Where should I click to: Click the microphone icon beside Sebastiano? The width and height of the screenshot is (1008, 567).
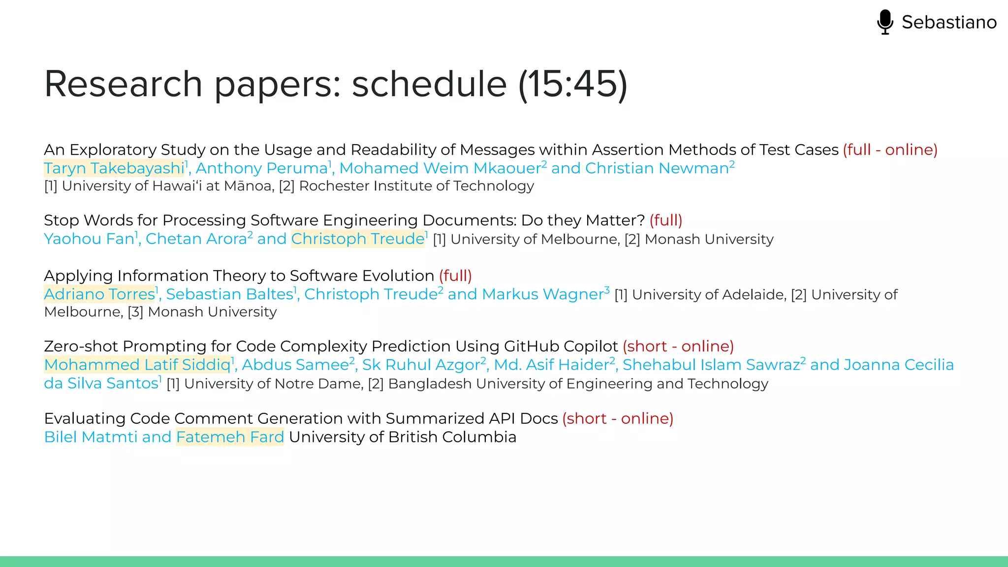tap(885, 22)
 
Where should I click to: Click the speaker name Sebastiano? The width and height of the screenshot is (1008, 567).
tap(949, 22)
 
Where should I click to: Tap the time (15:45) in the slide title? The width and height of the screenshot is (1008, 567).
tap(573, 84)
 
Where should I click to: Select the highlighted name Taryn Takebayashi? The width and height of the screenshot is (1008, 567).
tap(114, 168)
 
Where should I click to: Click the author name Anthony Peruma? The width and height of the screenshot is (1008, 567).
tap(262, 168)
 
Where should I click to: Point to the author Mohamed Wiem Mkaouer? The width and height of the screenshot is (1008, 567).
tap(441, 168)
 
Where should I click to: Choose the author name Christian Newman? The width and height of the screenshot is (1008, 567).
tap(657, 168)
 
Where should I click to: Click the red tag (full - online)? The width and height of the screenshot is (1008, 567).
tap(890, 150)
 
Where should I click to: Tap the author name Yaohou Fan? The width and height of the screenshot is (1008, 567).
tap(89, 239)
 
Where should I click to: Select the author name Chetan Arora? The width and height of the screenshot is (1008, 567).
tap(196, 239)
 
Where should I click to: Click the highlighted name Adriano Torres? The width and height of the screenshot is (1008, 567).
tap(99, 294)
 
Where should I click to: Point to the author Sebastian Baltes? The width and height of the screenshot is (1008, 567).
tap(229, 294)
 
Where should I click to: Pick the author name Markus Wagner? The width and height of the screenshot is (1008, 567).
tap(543, 294)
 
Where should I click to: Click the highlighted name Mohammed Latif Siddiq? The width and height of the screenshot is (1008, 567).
tap(137, 365)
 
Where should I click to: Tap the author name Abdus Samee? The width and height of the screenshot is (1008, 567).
tap(295, 365)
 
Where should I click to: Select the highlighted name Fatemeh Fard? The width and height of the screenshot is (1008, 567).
tap(230, 437)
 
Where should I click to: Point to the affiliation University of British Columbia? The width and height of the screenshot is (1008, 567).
tap(403, 437)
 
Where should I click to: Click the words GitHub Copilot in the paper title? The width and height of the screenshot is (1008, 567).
tap(561, 346)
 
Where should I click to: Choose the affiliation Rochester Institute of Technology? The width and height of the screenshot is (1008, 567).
tap(416, 186)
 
